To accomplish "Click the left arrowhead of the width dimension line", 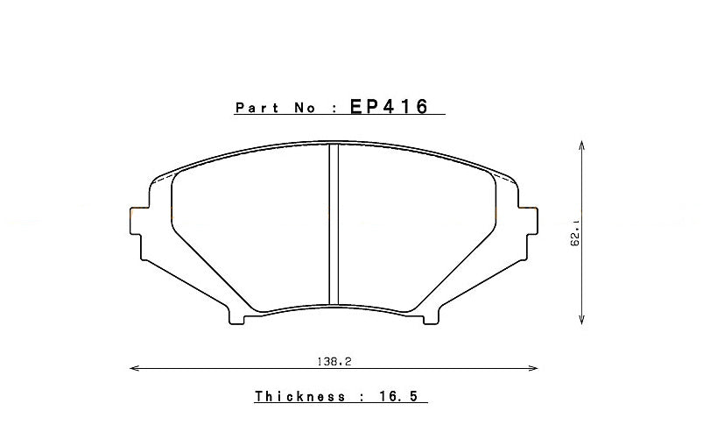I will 133,368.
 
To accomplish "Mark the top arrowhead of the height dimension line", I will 582,144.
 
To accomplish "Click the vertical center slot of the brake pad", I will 333,223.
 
